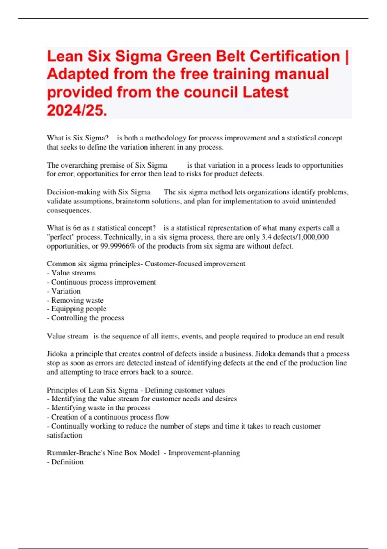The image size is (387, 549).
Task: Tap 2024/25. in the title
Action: [x=77, y=110]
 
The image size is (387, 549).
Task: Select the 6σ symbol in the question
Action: [x=77, y=228]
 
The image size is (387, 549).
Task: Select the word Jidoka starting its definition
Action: [x=57, y=354]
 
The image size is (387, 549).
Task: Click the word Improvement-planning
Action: [x=204, y=453]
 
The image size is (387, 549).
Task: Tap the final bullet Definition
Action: [x=67, y=462]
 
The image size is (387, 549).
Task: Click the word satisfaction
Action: [x=64, y=435]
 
